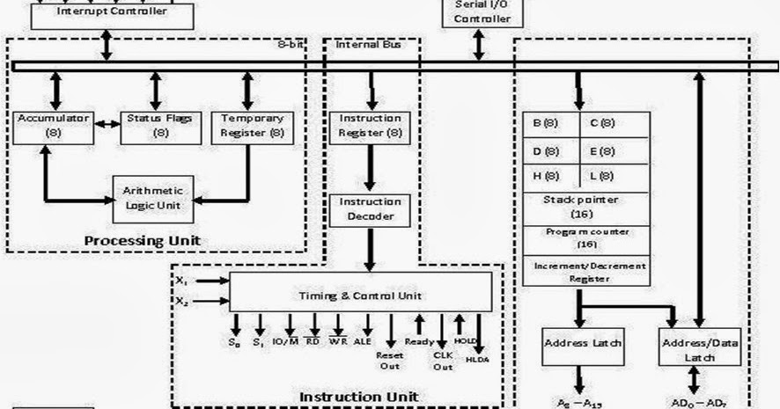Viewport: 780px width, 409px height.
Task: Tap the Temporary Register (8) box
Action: tap(253, 127)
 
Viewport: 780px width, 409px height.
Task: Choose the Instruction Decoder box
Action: tap(370, 209)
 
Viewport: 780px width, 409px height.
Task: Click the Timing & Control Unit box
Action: tap(359, 296)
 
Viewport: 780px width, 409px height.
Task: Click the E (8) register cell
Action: tap(614, 150)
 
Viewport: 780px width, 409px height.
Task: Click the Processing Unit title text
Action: tap(155, 239)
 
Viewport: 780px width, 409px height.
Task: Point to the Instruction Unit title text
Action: tap(359, 396)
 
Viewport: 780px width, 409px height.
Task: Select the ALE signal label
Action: tap(363, 341)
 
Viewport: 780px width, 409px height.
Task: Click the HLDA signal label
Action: tap(477, 359)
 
